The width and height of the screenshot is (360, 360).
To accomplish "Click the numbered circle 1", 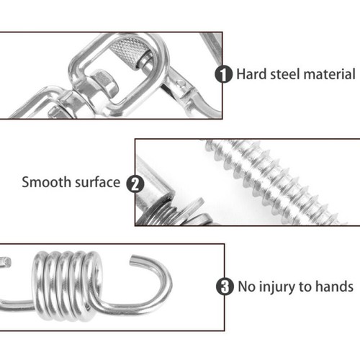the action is tap(223, 74).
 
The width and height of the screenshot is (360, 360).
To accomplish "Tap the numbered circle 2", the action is tap(135, 184).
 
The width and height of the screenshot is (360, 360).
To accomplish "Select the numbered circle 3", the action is tap(225, 287).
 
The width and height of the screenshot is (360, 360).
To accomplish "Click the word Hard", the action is tap(252, 74).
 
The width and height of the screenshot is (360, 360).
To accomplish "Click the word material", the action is tap(330, 74).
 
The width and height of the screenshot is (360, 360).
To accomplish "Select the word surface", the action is tap(97, 182).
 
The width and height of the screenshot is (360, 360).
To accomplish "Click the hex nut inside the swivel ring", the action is tap(104, 83).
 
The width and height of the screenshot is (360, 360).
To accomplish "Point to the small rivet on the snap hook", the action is tap(181, 84).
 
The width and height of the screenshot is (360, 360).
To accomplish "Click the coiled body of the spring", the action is tap(67, 286).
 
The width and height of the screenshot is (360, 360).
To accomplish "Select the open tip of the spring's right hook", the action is tap(132, 260).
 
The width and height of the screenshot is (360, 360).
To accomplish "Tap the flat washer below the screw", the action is tap(189, 210).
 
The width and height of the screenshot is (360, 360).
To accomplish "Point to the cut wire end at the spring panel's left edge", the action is tap(6, 261).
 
